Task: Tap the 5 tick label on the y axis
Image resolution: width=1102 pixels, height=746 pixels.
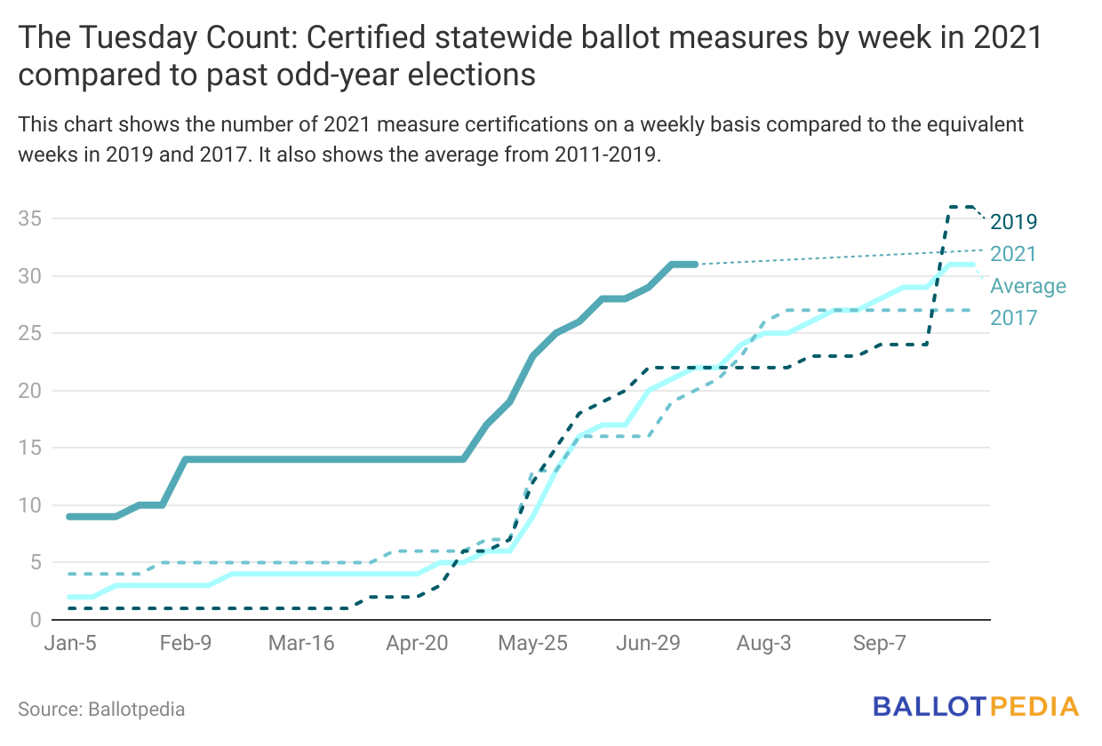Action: coord(36,562)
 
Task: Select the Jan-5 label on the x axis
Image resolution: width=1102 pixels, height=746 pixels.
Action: coord(70,644)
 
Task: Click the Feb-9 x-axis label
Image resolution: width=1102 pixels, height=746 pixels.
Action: coord(186,644)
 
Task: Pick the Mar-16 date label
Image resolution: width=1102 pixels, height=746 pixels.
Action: coord(300,644)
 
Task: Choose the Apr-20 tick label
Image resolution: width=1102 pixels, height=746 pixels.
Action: coord(417,644)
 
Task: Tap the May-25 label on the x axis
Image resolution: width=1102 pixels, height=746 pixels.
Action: coord(531,644)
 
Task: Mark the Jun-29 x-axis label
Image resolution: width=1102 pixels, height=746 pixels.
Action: coord(647,644)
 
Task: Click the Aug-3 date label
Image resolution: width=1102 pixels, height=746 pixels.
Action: coord(764,644)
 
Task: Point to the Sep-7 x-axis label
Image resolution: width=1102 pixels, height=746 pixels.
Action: coord(878,644)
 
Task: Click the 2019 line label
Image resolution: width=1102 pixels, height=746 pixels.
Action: coord(1014,222)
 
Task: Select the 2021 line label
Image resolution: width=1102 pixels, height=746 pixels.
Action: coord(1014,254)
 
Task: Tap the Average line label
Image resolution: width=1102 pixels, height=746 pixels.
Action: coord(1028,286)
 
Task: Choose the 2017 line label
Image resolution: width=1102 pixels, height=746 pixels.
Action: coord(1014,317)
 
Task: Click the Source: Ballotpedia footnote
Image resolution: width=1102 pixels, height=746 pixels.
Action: coord(101,710)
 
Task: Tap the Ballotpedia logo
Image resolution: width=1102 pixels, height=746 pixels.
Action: coord(976,707)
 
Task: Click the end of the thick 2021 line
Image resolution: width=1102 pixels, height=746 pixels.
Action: coord(694,264)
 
